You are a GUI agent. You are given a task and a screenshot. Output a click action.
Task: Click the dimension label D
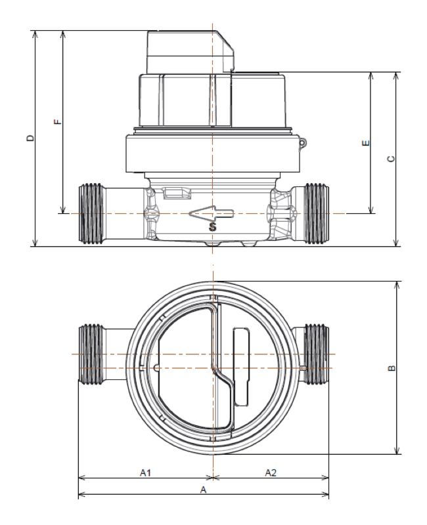point(28,138)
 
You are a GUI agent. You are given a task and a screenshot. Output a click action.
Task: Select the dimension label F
point(57,122)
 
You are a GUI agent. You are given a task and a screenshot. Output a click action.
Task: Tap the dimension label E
point(366,142)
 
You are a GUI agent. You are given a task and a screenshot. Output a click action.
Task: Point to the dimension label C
point(391,159)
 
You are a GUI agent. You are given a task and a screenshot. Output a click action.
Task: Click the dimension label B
point(392,368)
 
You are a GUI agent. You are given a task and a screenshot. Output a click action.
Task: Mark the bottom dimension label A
point(203,490)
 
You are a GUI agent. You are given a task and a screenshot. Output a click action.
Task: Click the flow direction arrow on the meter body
point(211,213)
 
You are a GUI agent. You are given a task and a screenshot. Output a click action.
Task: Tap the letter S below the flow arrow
point(212,228)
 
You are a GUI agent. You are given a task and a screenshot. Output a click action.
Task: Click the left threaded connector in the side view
point(93,213)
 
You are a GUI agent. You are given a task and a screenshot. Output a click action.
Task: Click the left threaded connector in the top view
point(93,355)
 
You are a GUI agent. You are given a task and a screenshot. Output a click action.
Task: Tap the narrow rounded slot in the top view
point(239,367)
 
